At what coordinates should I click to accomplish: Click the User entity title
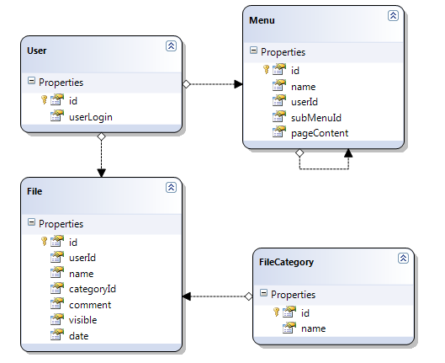point(37,51)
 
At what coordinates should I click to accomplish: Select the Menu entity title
point(262,20)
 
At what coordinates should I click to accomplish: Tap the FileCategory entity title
point(286,262)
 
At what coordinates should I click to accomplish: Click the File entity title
point(34,191)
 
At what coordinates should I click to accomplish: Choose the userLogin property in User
point(91,117)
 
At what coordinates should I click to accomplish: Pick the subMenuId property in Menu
point(315,118)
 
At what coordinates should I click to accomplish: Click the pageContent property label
point(320,133)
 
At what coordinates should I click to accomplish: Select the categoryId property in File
point(93,289)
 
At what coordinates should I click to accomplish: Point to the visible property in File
point(83,320)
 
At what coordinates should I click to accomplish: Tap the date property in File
point(78,336)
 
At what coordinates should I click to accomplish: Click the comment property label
point(90,305)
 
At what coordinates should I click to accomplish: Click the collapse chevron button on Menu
point(393,15)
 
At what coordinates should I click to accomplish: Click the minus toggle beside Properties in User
point(31,81)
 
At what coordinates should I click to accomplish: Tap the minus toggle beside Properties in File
point(31,222)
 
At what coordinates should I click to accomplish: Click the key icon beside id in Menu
point(266,69)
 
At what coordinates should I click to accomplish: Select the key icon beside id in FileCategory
point(276,312)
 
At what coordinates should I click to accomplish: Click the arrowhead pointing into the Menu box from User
point(238,84)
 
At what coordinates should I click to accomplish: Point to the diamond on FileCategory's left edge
point(249,296)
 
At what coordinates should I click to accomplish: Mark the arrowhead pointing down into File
point(101,173)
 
